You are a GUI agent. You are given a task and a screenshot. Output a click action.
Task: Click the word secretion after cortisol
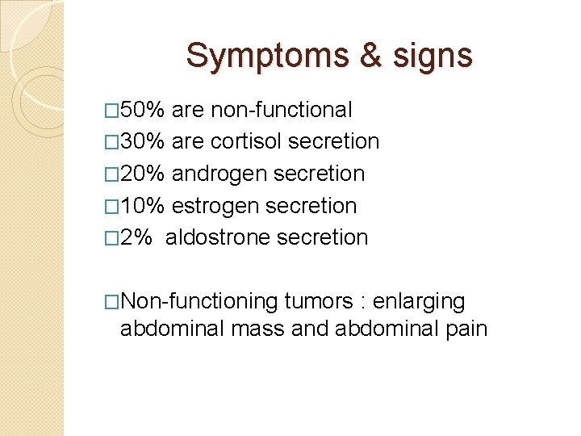(333, 141)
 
